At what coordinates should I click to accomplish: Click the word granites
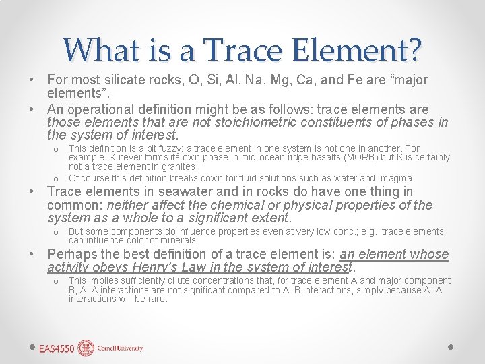[x=179, y=166]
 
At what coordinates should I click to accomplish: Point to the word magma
[x=397, y=178]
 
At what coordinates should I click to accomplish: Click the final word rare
[x=156, y=299]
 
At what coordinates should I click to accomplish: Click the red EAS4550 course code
[x=57, y=348]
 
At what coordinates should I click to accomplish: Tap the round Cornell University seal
[x=86, y=348]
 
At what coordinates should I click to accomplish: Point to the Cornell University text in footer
[x=120, y=348]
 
